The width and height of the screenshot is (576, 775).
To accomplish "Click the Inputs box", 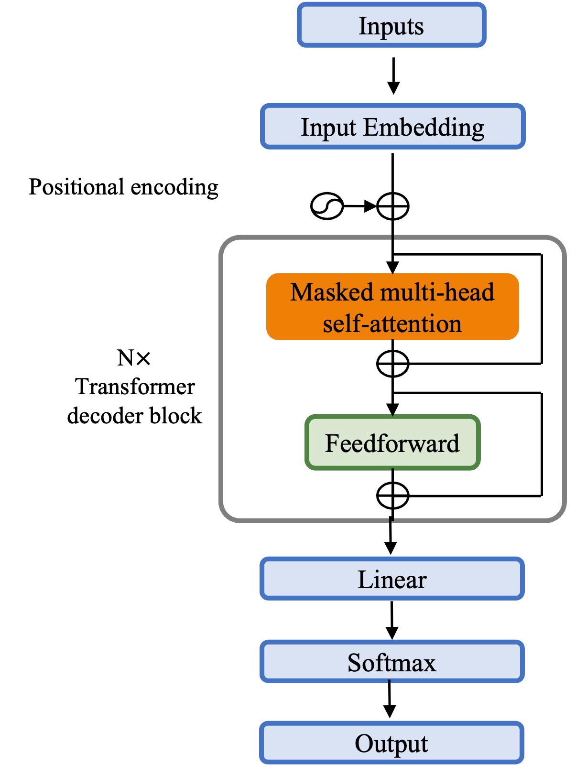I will pos(391,25).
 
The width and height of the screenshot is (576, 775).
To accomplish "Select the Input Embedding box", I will pos(392,127).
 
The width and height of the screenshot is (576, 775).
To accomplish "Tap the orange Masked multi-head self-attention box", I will pos(392,307).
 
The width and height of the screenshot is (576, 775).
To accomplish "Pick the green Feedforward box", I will pos(392,443).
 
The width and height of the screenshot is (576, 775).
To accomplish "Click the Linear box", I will pos(392,579).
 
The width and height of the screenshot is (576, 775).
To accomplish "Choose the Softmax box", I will pos(392,662).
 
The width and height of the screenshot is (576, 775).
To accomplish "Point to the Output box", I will pos(391,743).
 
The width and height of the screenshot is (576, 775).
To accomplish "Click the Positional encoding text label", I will pos(123,187).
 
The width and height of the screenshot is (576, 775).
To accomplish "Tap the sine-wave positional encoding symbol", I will pos(327,206).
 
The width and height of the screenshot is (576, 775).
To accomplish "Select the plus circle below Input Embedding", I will pos(393,206).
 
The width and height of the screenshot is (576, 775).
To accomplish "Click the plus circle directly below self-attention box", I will pos(393,364).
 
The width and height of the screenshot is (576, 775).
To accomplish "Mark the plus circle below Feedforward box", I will pos(393,496).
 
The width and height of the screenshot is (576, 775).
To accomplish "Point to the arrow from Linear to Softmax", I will pos(392,620).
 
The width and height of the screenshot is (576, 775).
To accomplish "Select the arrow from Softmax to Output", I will pos(390,700).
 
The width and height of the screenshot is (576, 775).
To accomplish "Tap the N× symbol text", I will pos(134,358).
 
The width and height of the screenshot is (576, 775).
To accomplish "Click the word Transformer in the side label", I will pos(135,387).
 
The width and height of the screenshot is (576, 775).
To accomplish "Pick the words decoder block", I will pos(135,416).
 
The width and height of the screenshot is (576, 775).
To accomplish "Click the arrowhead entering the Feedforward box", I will pos(392,410).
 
